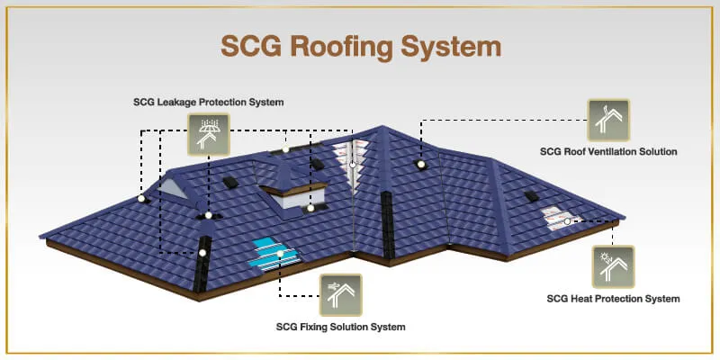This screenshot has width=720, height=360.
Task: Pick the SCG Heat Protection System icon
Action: pos(613,267)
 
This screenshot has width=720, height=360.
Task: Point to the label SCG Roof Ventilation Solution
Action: pos(607,151)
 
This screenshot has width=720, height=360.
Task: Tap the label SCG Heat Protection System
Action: pos(613,298)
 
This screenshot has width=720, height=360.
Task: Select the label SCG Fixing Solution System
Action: pos(340,326)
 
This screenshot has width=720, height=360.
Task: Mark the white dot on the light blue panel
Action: pos(280,254)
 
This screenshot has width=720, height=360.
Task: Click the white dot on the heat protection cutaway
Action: pos(569,220)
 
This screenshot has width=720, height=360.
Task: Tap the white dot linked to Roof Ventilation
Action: pos(420,164)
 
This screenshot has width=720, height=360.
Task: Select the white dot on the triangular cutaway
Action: pos(354,165)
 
